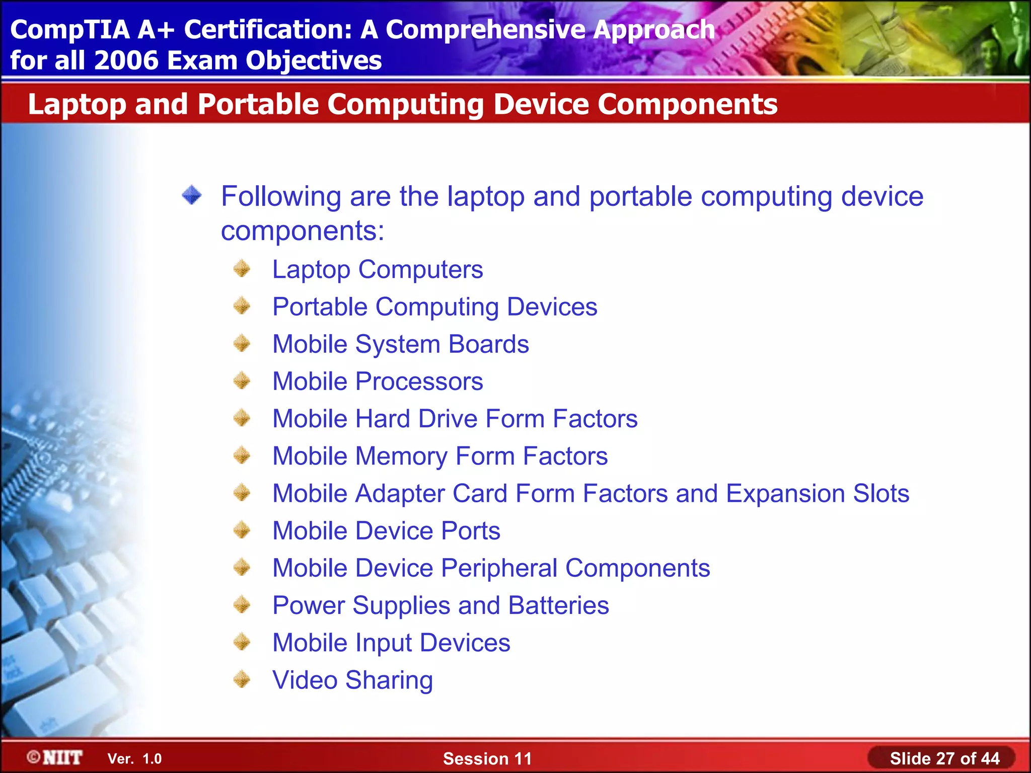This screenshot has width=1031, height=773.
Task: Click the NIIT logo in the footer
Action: tap(55, 757)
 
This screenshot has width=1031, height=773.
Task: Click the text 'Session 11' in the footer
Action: tap(487, 758)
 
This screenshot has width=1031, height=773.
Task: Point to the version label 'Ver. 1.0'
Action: tap(134, 759)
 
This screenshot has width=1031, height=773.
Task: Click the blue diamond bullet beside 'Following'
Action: tap(192, 195)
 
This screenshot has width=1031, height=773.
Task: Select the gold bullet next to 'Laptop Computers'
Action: tap(242, 269)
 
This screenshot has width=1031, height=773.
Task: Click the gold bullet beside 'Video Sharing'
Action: tap(242, 679)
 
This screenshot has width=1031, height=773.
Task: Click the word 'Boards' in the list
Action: tap(488, 344)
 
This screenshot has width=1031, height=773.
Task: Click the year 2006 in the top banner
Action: tap(126, 60)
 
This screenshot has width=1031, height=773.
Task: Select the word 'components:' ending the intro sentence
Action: tap(303, 231)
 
